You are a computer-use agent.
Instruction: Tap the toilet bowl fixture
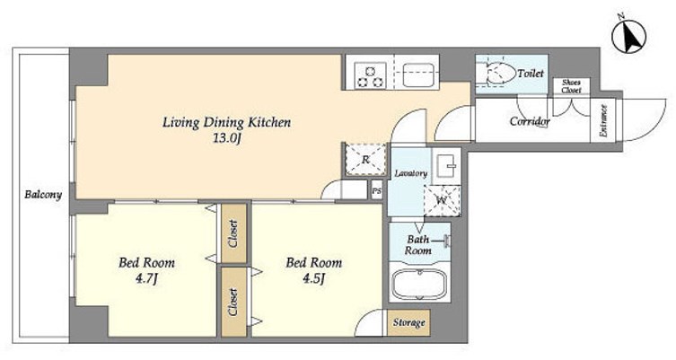pyautogui.click(x=501, y=75)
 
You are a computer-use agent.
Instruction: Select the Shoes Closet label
pyautogui.click(x=571, y=86)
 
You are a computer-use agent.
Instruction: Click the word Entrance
pyautogui.click(x=603, y=121)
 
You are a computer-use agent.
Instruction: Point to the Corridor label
pyautogui.click(x=530, y=121)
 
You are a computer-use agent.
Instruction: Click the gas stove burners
pyautogui.click(x=371, y=76)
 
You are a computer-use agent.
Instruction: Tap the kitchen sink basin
pyautogui.click(x=418, y=75)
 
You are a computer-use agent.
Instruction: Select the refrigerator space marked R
pyautogui.click(x=365, y=159)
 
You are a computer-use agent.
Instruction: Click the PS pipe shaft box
pyautogui.click(x=377, y=190)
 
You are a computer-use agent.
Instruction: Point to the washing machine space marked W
pyautogui.click(x=442, y=200)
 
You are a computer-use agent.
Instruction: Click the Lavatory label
pyautogui.click(x=411, y=173)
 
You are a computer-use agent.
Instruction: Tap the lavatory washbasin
pyautogui.click(x=447, y=163)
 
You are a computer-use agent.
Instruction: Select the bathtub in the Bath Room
pyautogui.click(x=419, y=284)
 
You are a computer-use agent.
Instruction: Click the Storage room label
pyautogui.click(x=408, y=322)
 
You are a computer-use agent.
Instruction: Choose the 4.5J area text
pyautogui.click(x=313, y=278)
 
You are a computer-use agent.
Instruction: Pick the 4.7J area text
pyautogui.click(x=146, y=279)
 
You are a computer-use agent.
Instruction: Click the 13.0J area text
pyautogui.click(x=226, y=139)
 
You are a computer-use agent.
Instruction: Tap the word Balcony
pyautogui.click(x=43, y=195)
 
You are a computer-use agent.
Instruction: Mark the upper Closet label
pyautogui.click(x=233, y=233)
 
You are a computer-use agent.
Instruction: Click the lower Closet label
pyautogui.click(x=233, y=303)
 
